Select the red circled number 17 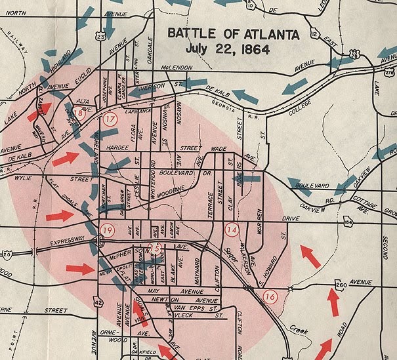(110, 119)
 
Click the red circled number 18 (78, 112)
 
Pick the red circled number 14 (232, 230)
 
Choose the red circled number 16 (270, 296)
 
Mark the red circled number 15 (156, 247)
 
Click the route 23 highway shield (100, 37)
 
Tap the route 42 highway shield (98, 301)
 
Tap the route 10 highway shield (251, 6)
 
